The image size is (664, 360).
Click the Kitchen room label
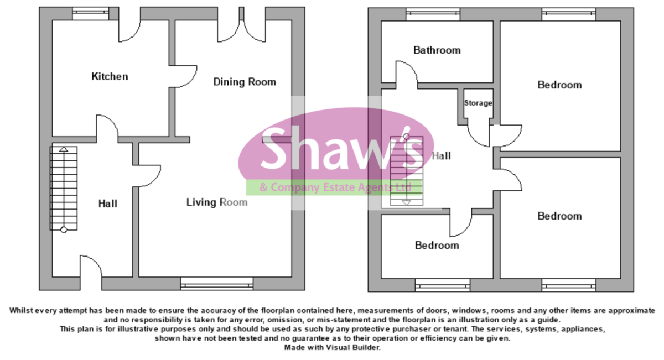[110, 76]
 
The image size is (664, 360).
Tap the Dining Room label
[245, 82]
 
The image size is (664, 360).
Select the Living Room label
[216, 202]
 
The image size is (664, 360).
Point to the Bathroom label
[437, 50]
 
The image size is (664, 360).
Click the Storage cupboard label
[478, 103]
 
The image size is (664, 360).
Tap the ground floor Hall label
[108, 204]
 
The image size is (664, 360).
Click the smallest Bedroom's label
[437, 245]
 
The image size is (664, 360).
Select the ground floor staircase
[64, 188]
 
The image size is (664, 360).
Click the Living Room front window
[216, 285]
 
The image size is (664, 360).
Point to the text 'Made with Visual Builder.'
[332, 348]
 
